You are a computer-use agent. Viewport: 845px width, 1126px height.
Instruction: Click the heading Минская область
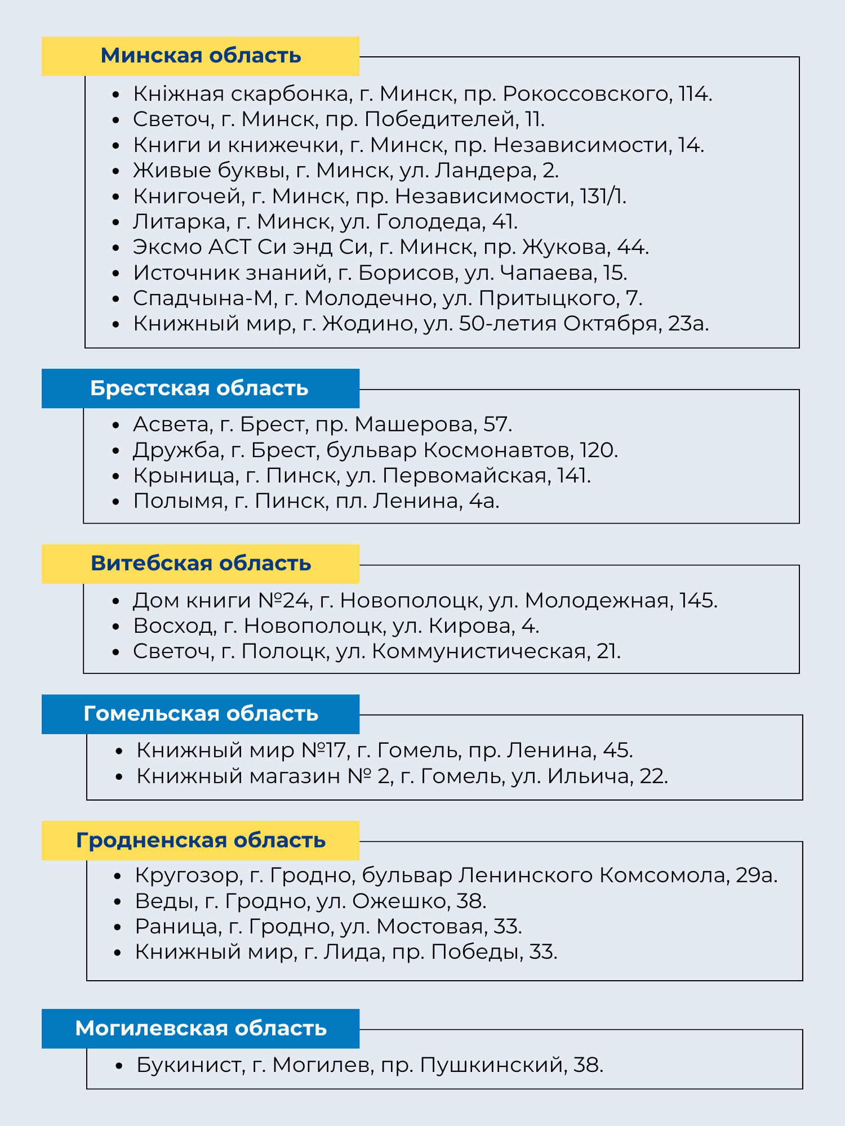coord(201,56)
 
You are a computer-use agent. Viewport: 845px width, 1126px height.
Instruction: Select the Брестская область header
coord(199,388)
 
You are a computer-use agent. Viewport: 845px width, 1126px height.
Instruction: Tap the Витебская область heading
coord(201,564)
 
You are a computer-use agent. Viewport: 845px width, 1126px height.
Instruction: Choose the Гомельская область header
coord(201,714)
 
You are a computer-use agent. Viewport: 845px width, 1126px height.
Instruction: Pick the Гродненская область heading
coord(201,841)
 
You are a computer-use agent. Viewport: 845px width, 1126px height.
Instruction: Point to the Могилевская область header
coord(201,1029)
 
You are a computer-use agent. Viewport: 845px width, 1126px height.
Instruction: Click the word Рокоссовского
coord(586,94)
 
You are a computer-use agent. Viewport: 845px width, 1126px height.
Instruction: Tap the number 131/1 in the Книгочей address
coord(602,196)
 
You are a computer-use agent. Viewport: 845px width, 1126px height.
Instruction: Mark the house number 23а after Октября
coord(687,324)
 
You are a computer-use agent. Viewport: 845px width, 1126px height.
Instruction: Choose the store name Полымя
coord(179,501)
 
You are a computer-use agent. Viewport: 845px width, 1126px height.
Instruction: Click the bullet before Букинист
coord(118,1066)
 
